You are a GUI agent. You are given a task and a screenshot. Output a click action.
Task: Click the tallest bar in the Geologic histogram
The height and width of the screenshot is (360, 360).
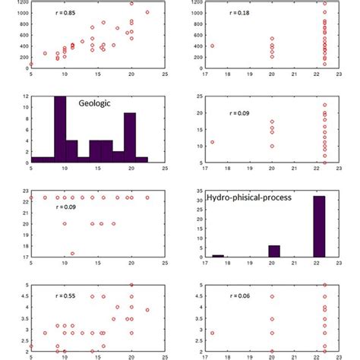click(x=60, y=129)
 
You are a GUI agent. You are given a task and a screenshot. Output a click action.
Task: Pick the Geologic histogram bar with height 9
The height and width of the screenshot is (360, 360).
click(x=130, y=137)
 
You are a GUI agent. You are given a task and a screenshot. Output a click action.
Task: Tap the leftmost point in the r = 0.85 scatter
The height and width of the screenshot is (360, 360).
click(x=31, y=64)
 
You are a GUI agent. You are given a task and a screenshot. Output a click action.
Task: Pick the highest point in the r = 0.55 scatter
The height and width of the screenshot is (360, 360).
click(x=131, y=285)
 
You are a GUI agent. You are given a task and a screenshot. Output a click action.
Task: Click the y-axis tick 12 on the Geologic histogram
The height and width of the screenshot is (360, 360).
click(x=25, y=96)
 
